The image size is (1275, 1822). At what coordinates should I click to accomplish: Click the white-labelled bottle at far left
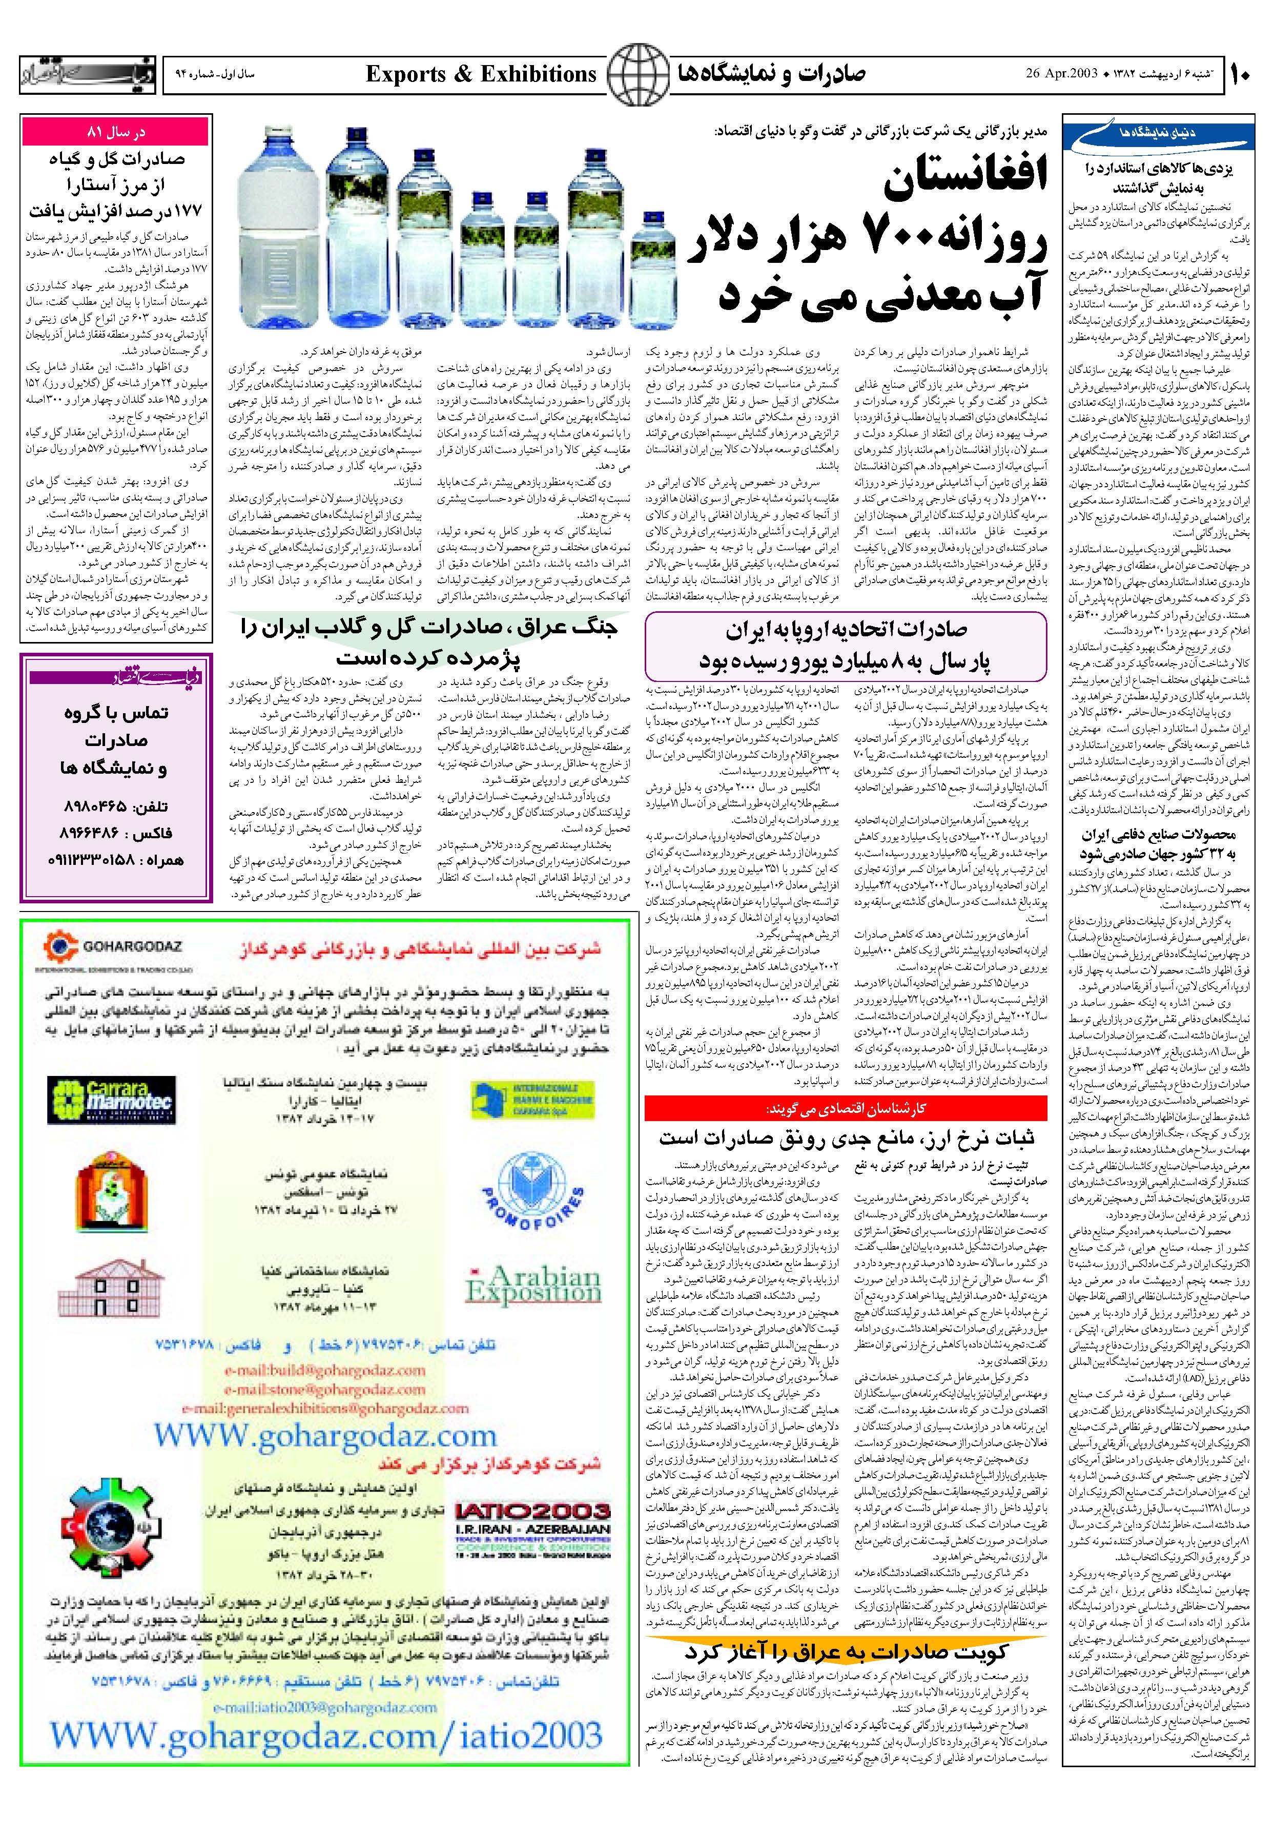(271, 230)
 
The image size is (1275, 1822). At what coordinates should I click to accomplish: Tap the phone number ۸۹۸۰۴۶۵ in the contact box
(114, 806)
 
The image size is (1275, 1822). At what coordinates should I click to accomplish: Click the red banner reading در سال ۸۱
(116, 133)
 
